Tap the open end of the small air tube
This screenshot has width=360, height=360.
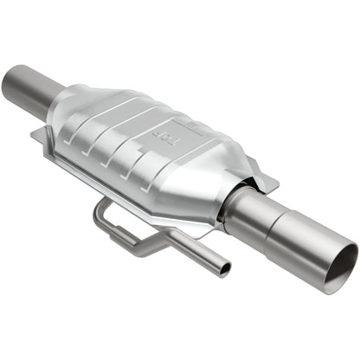224,270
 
